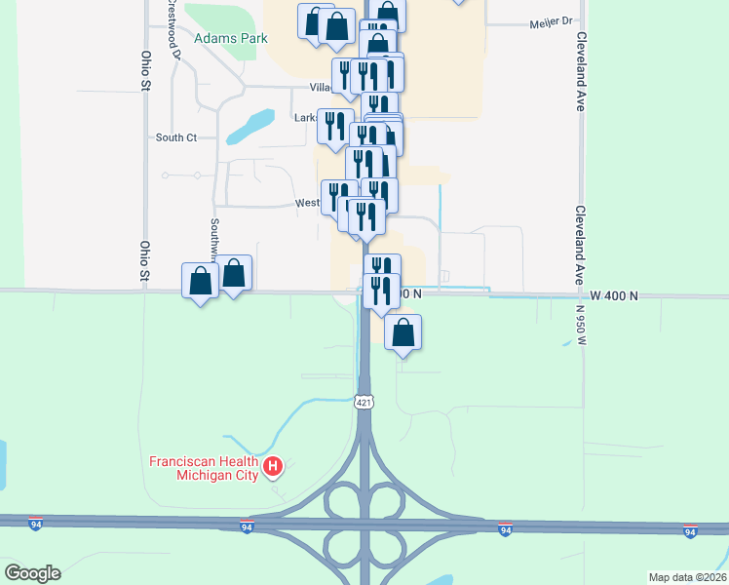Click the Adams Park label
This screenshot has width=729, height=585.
click(x=230, y=39)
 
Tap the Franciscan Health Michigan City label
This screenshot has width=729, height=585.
click(x=203, y=468)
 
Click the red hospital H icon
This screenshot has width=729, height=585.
click(x=274, y=467)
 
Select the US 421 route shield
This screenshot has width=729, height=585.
click(x=364, y=402)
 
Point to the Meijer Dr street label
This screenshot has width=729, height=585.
click(x=555, y=21)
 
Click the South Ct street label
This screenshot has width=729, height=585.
click(x=176, y=137)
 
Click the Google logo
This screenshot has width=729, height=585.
click(x=32, y=573)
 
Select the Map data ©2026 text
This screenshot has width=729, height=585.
click(x=686, y=577)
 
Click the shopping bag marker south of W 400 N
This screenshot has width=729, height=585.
click(x=403, y=333)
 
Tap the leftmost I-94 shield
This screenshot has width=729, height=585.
click(x=36, y=523)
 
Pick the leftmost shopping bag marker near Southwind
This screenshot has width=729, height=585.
click(x=200, y=281)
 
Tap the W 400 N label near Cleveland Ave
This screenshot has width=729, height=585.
click(x=613, y=294)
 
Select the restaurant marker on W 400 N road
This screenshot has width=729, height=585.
click(x=380, y=290)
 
